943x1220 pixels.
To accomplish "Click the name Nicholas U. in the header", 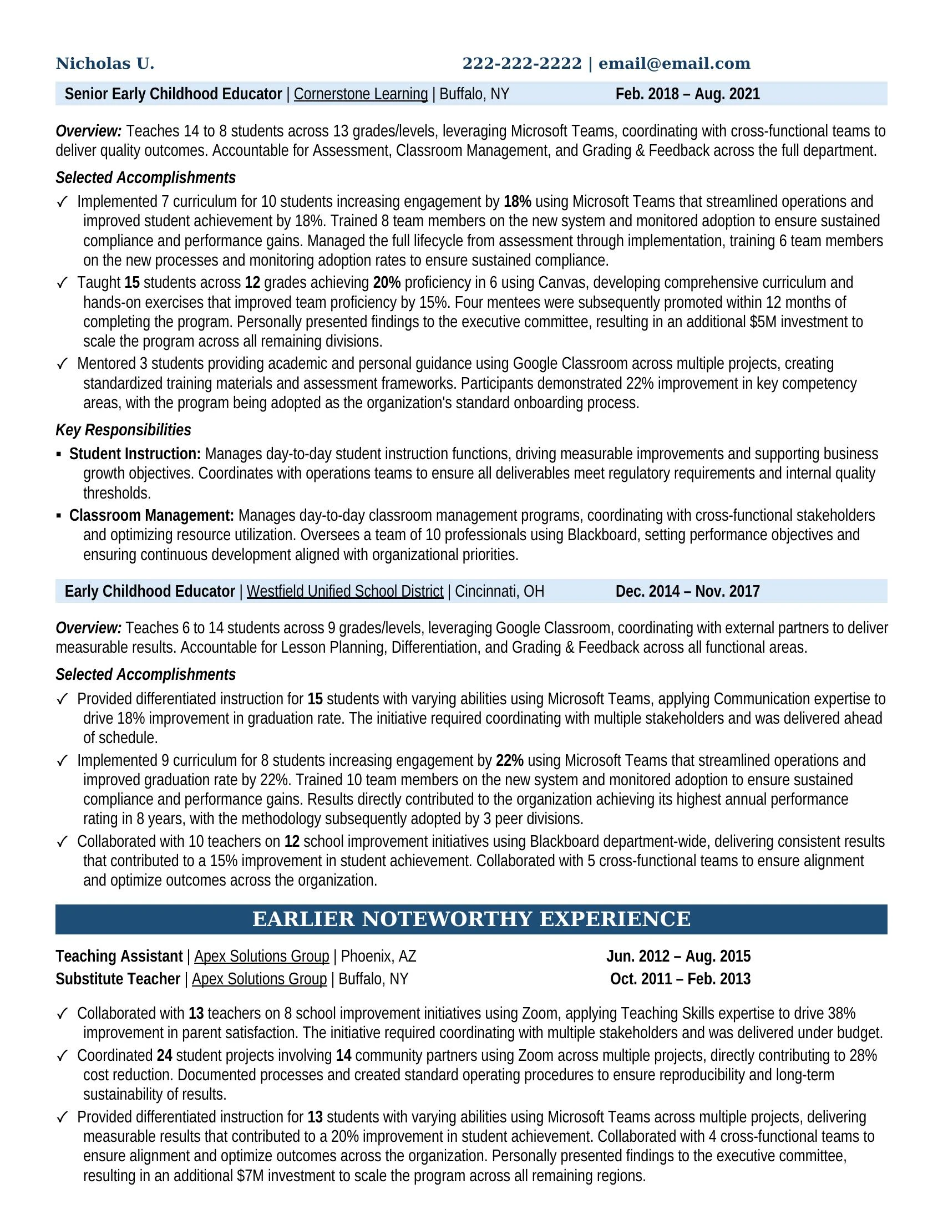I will point(104,64).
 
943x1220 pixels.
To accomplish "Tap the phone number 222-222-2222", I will point(522,64).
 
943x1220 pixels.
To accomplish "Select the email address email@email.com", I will point(675,64).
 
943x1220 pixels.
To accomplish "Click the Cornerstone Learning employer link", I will point(361,94).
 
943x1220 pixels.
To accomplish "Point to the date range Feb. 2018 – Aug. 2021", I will point(687,94).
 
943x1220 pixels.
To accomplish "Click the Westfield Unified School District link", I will point(344,591).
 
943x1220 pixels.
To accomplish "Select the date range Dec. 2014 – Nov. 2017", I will point(687,591).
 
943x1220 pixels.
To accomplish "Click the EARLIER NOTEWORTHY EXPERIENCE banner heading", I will point(471,919).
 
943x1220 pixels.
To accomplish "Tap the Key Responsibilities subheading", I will point(123,430).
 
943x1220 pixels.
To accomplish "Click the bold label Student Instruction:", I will point(135,454).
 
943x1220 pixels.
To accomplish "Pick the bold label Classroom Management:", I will point(151,515).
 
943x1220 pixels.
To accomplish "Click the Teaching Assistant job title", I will point(119,957).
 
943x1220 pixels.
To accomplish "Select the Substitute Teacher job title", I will point(118,979).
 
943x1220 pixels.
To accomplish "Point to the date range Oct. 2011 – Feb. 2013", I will point(680,979).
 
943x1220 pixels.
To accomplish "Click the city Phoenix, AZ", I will point(378,957).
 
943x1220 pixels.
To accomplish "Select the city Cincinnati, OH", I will point(499,591).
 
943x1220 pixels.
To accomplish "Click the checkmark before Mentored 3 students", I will point(63,364).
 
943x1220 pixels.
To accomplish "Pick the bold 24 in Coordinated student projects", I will point(164,1055).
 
